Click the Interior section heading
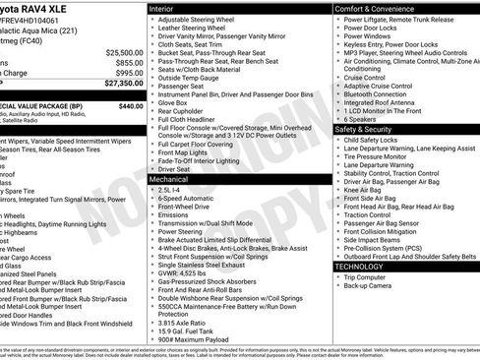click(x=168, y=8)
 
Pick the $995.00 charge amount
click(x=129, y=73)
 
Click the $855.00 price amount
click(x=129, y=62)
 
